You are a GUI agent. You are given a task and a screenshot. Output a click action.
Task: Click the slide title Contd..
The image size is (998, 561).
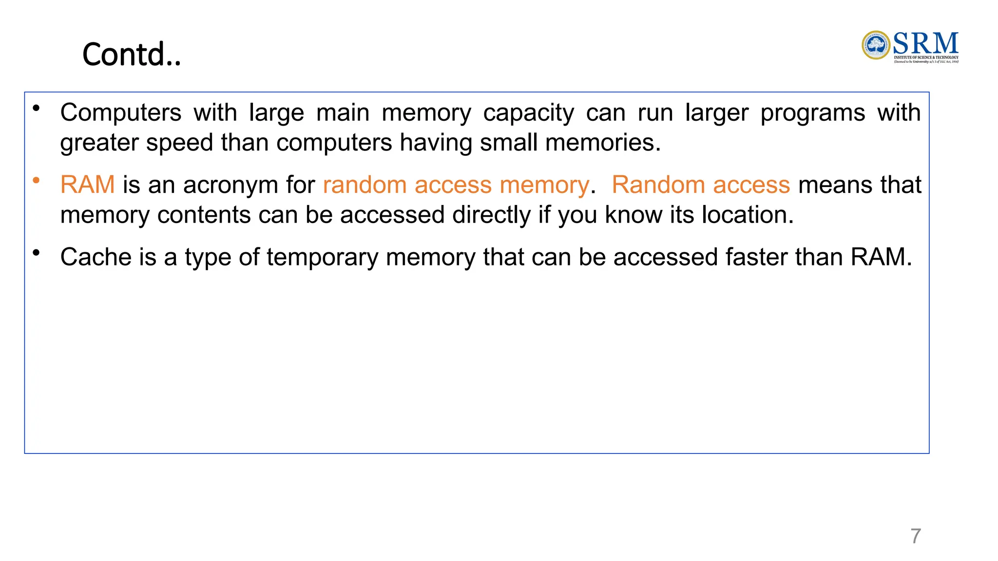pos(132,54)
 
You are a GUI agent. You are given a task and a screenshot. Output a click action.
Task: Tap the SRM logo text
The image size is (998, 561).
pos(925,44)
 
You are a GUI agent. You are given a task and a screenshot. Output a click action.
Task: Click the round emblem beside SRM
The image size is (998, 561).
pos(876,45)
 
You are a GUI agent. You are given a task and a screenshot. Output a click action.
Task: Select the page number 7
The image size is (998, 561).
pos(916,536)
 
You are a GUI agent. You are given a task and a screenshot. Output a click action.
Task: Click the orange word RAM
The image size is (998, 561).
pos(87,185)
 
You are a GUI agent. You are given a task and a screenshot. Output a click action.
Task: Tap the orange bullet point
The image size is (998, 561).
pos(36,181)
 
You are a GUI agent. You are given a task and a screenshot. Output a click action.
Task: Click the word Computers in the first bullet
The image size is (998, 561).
pos(121,112)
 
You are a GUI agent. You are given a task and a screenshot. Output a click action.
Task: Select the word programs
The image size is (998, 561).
pos(812,113)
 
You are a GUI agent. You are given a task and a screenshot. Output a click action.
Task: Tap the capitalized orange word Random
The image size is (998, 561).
pos(658,185)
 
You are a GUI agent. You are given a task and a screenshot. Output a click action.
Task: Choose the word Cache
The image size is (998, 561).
pos(96,257)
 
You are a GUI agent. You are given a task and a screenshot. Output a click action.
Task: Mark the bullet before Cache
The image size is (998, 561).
pos(36,253)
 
